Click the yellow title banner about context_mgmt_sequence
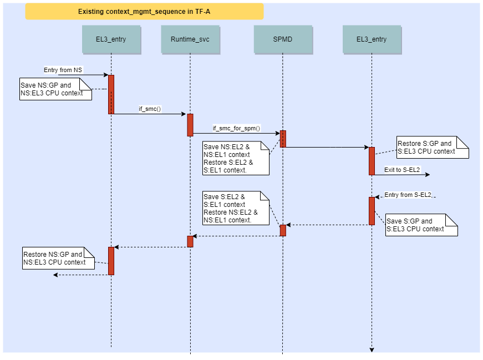click(144, 11)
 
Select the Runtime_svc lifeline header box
click(190, 39)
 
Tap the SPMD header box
click(282, 39)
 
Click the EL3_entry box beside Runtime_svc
click(111, 39)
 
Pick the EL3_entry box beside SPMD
click(372, 39)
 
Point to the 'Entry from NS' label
click(63, 70)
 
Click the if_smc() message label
click(149, 109)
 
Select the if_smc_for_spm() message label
click(236, 129)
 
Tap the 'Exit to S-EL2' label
click(401, 169)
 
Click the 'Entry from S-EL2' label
click(408, 195)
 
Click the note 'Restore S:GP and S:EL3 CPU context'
click(432, 147)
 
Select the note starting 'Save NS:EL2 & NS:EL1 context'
click(236, 158)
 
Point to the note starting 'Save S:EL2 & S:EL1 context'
click(236, 208)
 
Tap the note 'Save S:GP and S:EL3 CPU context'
click(421, 225)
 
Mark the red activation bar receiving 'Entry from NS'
click(111, 94)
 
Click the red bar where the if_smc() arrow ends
click(190, 125)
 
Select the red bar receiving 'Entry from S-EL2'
click(372, 211)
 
